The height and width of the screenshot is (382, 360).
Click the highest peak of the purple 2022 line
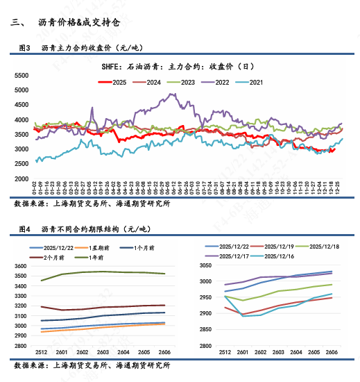pos(164,94)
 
